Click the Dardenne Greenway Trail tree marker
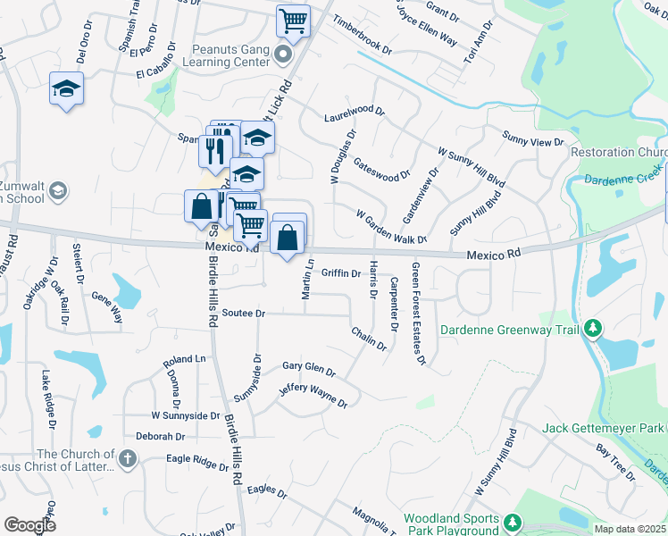tap(592, 329)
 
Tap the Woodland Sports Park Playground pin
tap(513, 521)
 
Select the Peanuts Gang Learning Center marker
tap(284, 56)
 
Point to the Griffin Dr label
tap(340, 273)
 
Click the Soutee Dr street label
tap(244, 314)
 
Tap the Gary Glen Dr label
tap(308, 369)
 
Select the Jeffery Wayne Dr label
tap(313, 396)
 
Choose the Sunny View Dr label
tap(533, 140)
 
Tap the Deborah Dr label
tap(160, 437)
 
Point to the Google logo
tap(29, 525)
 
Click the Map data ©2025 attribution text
tap(630, 529)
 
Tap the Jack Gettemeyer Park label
tap(604, 429)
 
